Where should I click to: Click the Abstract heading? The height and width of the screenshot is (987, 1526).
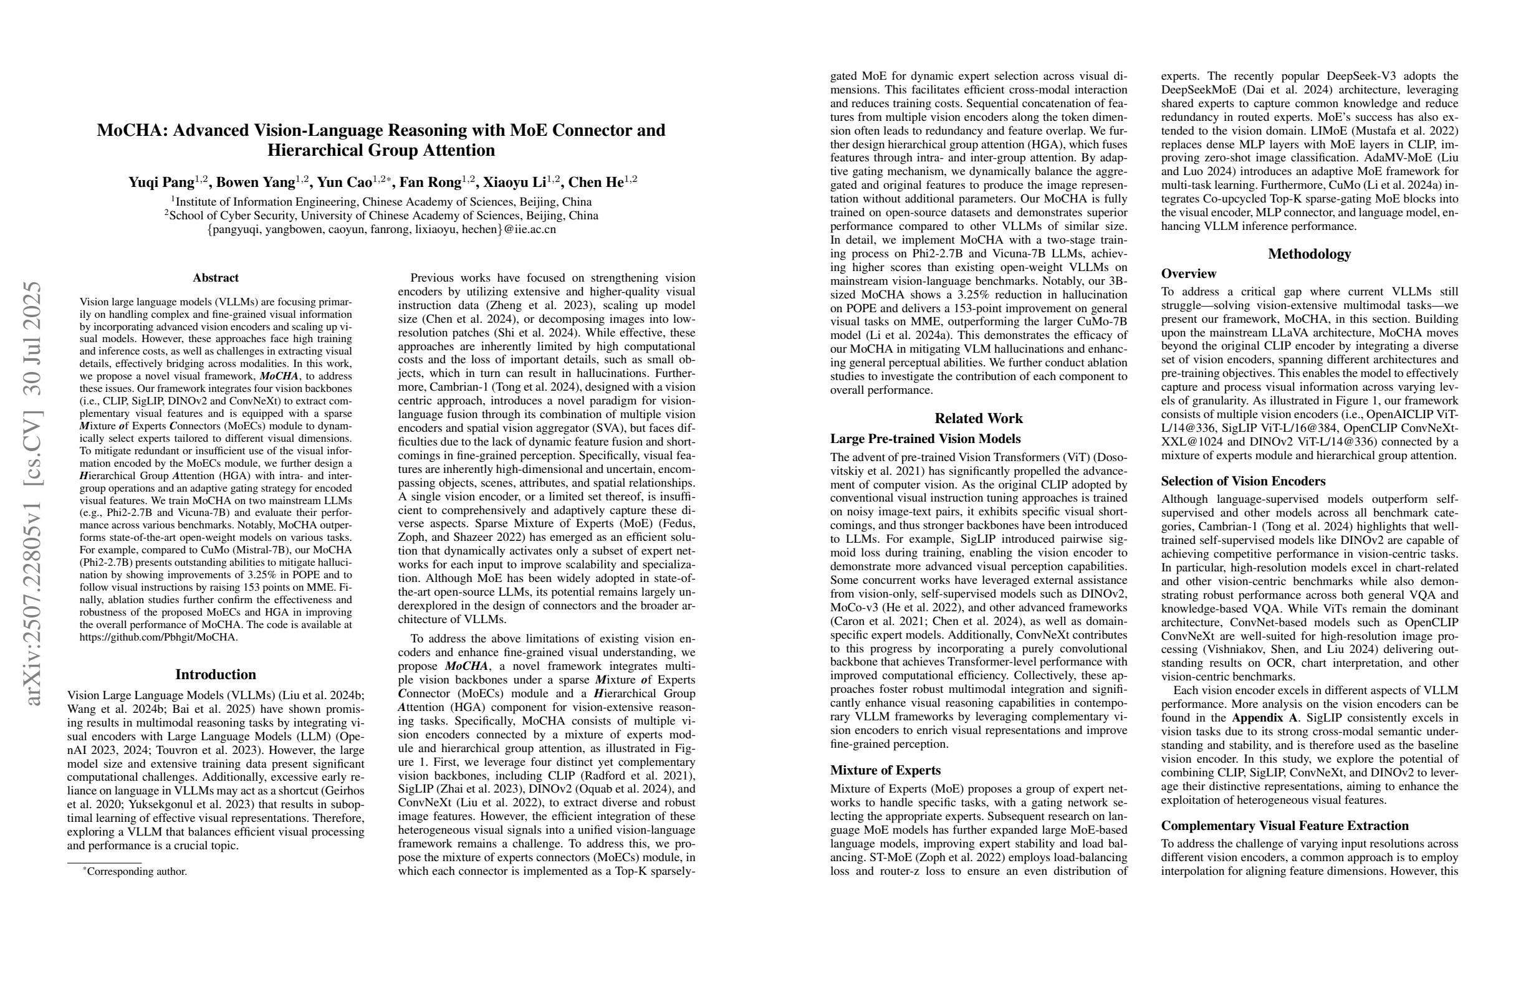(216, 277)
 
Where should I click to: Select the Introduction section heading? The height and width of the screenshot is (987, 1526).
(216, 674)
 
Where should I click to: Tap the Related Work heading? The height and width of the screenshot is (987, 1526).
(979, 419)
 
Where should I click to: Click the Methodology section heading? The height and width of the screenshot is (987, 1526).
(1309, 254)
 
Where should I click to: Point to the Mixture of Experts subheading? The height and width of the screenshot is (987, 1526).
(885, 770)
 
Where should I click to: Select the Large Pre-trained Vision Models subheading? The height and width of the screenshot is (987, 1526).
(925, 439)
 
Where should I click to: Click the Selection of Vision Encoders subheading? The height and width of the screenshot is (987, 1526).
(1243, 480)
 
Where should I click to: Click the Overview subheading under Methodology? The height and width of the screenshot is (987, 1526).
(1188, 274)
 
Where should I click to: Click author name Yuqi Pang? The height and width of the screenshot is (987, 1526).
(161, 183)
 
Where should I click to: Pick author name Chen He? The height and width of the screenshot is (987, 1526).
(597, 183)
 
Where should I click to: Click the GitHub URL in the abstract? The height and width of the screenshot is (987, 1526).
(158, 637)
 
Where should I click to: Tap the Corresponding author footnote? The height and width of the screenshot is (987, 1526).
(137, 872)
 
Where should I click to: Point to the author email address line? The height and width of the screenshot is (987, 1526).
(381, 229)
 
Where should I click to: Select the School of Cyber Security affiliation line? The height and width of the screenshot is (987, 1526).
(381, 216)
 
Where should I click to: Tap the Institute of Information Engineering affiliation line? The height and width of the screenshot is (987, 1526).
(381, 202)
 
